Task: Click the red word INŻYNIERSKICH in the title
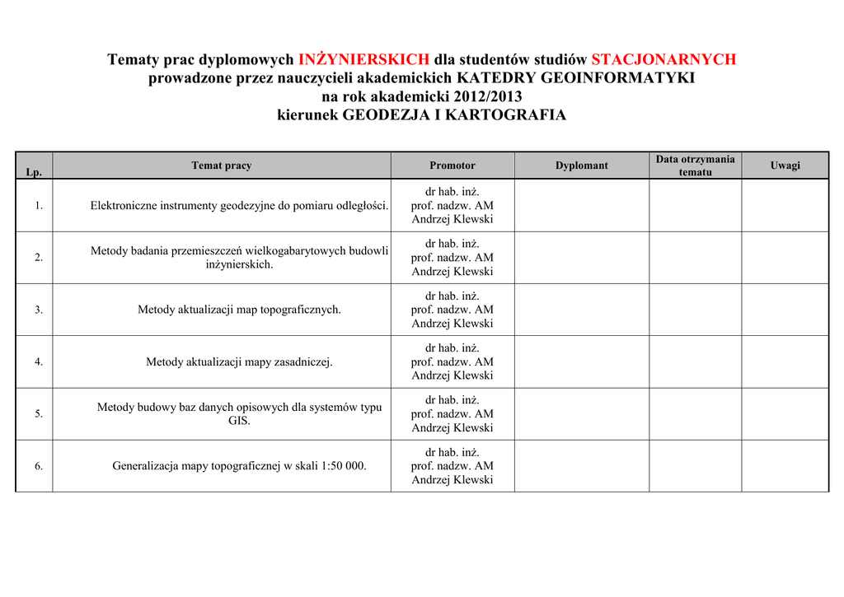click(363, 59)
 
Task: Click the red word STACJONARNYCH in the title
click(663, 59)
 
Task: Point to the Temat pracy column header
click(222, 166)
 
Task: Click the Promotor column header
click(452, 166)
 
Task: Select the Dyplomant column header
click(582, 166)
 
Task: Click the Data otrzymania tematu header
click(695, 166)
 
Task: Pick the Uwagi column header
click(785, 166)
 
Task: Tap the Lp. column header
click(34, 172)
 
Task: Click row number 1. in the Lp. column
click(39, 206)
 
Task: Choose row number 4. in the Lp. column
click(39, 361)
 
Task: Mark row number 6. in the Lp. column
click(39, 466)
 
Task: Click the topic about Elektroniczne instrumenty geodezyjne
click(239, 206)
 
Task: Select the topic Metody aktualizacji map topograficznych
click(239, 310)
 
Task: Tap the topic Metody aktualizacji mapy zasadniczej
click(239, 361)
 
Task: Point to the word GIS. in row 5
click(239, 421)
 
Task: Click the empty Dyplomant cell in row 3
click(582, 310)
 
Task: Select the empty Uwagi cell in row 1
click(785, 206)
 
